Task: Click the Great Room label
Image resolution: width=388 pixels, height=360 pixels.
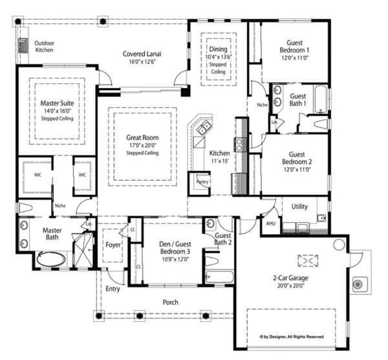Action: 142,137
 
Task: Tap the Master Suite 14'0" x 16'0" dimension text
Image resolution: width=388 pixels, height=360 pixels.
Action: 57,111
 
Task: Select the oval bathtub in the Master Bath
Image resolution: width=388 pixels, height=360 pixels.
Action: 51,259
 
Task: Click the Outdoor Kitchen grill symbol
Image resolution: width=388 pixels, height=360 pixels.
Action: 23,45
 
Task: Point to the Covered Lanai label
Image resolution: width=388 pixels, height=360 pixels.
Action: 142,54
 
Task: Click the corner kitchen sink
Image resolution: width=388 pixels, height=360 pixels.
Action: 204,128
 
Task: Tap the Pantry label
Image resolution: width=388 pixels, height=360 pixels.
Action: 202,181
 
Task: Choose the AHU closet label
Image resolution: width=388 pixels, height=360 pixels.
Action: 271,223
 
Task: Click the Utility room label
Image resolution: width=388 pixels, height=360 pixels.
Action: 299,207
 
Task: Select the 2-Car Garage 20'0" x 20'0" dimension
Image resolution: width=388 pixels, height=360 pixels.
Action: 291,286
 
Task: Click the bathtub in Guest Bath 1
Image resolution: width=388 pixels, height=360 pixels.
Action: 321,100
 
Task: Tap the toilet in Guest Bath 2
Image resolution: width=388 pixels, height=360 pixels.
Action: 212,261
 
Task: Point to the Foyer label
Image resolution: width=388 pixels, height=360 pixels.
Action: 113,245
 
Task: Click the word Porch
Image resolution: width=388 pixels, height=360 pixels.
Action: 171,302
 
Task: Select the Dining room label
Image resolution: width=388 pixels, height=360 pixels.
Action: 219,49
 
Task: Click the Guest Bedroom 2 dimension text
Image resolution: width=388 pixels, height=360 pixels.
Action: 297,170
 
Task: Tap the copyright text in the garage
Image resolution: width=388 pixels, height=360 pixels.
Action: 292,337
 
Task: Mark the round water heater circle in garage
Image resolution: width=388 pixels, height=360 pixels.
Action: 339,245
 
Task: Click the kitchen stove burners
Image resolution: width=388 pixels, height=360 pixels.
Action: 239,144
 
